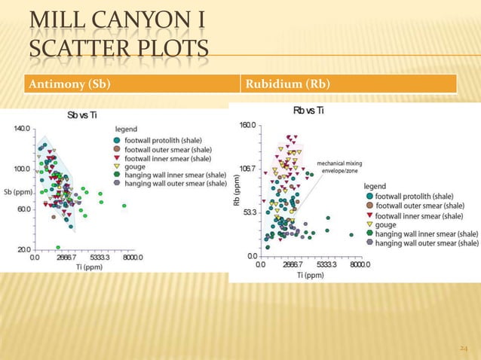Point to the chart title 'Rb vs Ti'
(x=309, y=111)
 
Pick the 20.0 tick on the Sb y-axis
(x=23, y=249)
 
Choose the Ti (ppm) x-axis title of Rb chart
(x=310, y=276)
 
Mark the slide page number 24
(x=464, y=348)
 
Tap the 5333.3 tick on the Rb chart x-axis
(x=326, y=265)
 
